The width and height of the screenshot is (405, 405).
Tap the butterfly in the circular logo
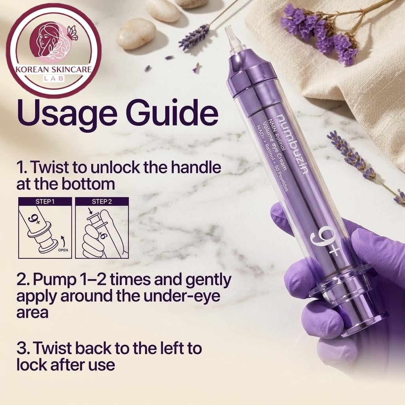(x=72, y=33)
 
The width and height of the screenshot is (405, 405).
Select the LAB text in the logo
(x=54, y=79)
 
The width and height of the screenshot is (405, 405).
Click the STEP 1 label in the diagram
(x=45, y=201)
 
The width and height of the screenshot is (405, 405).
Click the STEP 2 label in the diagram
(x=102, y=201)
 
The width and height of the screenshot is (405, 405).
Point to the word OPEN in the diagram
(x=63, y=250)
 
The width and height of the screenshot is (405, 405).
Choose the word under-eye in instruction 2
(x=182, y=297)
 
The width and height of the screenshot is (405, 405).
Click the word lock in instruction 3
(x=32, y=365)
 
